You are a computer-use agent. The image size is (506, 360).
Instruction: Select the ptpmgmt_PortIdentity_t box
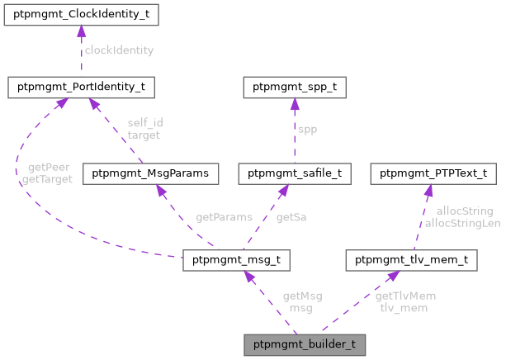pos(78,86)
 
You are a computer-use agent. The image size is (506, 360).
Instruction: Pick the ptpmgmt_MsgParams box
pos(156,173)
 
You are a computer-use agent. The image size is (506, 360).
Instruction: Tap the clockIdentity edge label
pos(118,50)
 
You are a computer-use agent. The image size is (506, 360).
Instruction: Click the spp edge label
pos(306,130)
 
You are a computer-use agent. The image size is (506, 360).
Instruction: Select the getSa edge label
pos(293,217)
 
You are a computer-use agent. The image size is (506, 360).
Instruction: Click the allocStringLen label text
pos(462,223)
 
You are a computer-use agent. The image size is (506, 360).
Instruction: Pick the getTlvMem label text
pos(405,296)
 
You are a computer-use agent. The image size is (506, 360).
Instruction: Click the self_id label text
pos(144,123)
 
